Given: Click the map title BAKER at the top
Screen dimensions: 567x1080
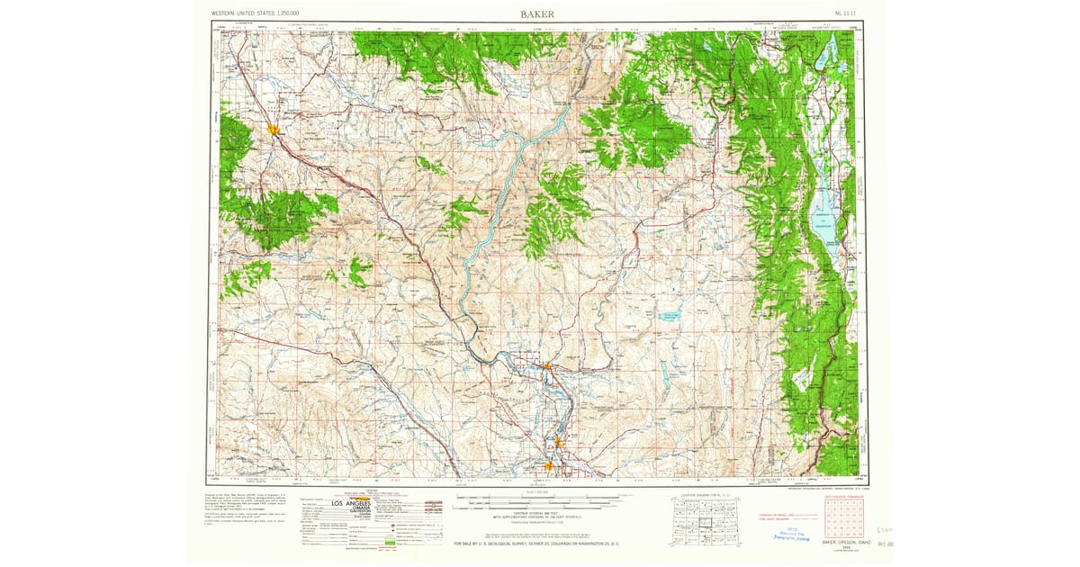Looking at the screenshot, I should tap(536, 13).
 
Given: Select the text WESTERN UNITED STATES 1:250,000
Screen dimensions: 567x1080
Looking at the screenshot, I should tap(254, 14).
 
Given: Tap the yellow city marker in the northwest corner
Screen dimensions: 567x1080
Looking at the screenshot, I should tap(272, 130).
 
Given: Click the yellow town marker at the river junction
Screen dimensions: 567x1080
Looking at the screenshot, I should tap(546, 365).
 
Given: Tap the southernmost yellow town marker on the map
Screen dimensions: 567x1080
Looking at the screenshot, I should tap(549, 465).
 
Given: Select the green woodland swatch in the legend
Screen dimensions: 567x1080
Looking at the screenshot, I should tap(389, 543).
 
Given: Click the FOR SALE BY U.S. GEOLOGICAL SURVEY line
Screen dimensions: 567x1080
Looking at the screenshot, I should tap(538, 544).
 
